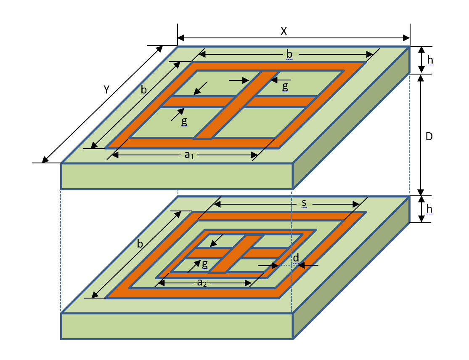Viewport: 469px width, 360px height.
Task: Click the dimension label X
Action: (284, 31)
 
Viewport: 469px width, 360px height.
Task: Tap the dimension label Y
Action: (106, 90)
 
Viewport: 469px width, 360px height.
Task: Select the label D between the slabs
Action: (429, 136)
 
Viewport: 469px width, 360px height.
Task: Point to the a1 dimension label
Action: (189, 155)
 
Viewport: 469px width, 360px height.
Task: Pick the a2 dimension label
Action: (202, 283)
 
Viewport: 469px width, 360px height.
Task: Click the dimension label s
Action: (304, 203)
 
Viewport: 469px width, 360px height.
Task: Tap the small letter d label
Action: (296, 258)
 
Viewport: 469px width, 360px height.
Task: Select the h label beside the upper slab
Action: (430, 60)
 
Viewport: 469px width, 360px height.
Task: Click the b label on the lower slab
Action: (140, 244)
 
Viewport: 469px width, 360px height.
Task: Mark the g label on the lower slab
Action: (204, 264)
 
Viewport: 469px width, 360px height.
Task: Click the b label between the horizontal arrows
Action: (289, 54)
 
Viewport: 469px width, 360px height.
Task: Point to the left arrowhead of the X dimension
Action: (181, 38)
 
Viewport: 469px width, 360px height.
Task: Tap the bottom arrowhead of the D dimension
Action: (421, 192)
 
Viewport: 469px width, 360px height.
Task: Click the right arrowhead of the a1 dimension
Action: (254, 155)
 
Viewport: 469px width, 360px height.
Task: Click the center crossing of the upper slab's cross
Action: (236, 101)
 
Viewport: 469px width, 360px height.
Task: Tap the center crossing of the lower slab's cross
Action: (237, 253)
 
